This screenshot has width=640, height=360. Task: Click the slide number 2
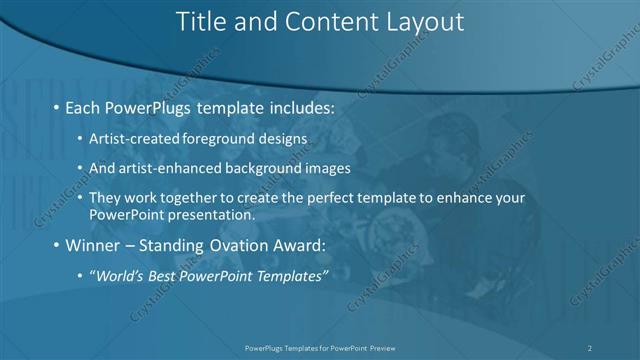590,347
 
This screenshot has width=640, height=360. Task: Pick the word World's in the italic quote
118,275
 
